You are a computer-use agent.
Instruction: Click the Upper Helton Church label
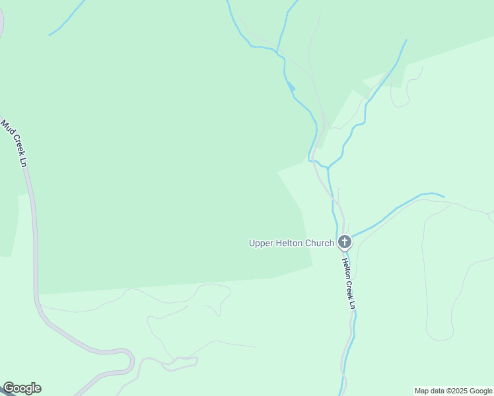click(x=291, y=243)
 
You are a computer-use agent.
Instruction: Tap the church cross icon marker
click(x=344, y=242)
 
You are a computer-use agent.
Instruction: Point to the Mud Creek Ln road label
click(x=14, y=142)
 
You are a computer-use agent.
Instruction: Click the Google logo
click(x=22, y=388)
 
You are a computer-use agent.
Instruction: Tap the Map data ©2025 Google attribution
click(x=453, y=391)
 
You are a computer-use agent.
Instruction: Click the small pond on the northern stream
click(x=291, y=86)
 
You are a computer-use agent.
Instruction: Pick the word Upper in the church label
click(x=260, y=243)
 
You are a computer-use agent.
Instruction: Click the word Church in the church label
click(x=319, y=243)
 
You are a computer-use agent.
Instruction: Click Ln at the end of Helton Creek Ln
click(x=353, y=303)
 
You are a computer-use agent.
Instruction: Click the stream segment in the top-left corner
click(x=66, y=18)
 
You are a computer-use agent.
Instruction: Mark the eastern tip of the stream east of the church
click(x=443, y=196)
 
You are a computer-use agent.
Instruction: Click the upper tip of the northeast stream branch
click(x=406, y=40)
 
